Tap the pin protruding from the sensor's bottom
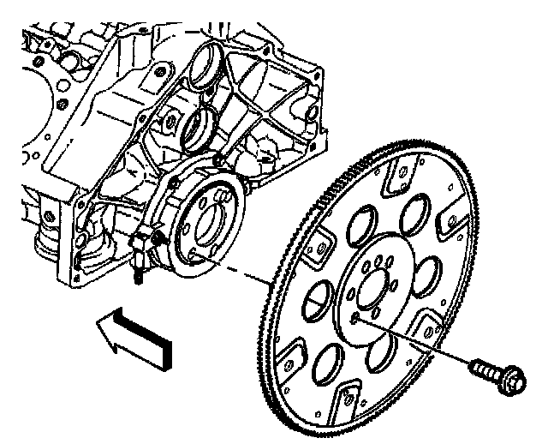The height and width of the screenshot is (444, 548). click(135, 276)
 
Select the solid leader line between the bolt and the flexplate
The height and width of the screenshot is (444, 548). click(411, 341)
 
